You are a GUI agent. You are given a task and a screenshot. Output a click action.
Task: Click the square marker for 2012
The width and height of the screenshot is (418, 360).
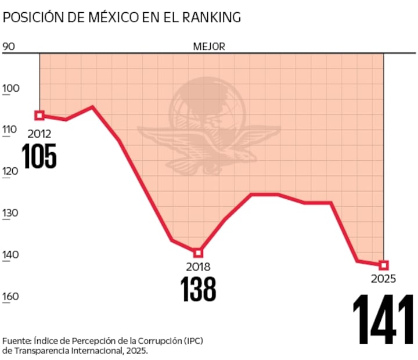coord(39,115)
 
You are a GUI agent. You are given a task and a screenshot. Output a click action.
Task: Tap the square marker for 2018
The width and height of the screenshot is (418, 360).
coord(198,253)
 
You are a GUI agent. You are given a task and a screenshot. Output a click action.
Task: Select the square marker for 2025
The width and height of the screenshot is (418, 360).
coord(384,265)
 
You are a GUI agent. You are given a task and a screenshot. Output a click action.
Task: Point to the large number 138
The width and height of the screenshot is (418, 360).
coord(198,289)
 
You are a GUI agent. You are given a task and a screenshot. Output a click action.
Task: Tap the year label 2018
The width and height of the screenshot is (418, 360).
coord(198,267)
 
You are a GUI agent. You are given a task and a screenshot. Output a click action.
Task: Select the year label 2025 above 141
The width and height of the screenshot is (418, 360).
coord(383,279)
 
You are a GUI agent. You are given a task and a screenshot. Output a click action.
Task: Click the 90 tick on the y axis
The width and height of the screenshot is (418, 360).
coord(9,46)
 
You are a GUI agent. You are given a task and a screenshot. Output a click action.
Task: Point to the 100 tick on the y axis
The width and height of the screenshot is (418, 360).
coord(11,88)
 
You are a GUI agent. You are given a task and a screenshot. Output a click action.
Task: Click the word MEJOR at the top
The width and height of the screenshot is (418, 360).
coord(209,46)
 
